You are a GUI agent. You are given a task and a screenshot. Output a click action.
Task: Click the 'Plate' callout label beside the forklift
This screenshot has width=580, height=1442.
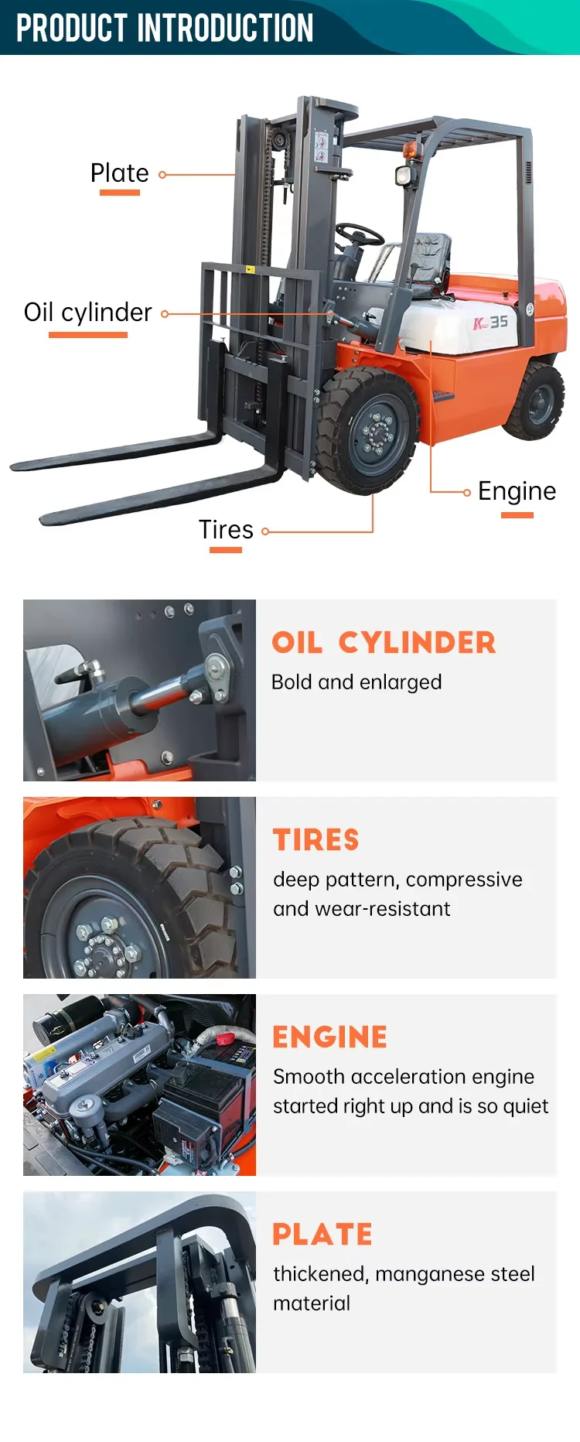119,173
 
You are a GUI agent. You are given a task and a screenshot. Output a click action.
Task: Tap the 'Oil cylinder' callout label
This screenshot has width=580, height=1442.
87,312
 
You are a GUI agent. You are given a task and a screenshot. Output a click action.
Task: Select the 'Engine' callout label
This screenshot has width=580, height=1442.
517,491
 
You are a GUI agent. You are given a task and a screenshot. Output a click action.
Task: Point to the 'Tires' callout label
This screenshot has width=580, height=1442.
226,529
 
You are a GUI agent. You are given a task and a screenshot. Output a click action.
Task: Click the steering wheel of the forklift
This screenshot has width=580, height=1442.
360,234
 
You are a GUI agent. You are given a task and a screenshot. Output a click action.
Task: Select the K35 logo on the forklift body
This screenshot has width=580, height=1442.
490,322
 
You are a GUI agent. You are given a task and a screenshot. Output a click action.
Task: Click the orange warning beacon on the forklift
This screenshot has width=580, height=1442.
411,149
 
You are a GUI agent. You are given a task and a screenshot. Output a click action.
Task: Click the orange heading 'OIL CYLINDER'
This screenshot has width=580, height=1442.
384,643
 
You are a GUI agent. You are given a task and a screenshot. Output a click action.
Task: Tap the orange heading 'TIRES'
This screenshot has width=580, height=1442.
316,840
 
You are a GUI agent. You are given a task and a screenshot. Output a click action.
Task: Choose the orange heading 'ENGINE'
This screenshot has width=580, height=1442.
330,1037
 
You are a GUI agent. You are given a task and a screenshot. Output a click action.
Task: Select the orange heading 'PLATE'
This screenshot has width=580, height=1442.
322,1235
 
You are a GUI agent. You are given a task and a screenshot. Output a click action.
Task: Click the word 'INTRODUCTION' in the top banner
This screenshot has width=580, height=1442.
225,28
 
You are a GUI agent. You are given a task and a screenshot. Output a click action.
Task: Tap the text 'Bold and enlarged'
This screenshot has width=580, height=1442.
357,682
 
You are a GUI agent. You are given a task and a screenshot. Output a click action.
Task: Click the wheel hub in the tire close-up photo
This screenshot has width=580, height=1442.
105,938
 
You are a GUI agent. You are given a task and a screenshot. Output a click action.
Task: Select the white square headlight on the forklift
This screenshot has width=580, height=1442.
403,175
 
